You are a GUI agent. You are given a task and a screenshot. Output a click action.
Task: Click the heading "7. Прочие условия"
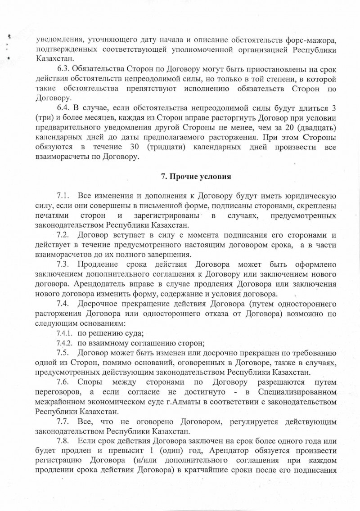pos(196,177)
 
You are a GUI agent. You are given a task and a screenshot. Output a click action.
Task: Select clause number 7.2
pos(63,235)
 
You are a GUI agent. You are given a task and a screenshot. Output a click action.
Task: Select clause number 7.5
pos(63,352)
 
